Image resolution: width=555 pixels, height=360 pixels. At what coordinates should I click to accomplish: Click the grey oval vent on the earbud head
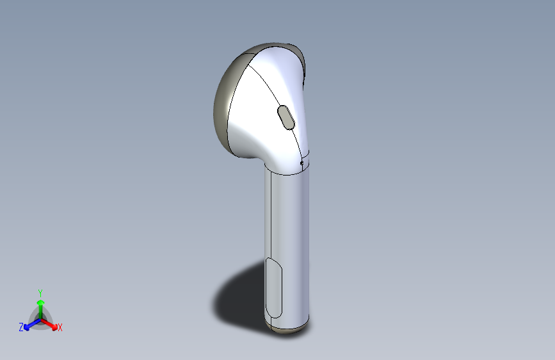(286, 117)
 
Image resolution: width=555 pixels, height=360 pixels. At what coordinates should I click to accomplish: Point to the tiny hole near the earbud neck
(302, 163)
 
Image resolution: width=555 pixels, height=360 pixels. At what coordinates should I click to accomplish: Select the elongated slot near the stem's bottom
(273, 288)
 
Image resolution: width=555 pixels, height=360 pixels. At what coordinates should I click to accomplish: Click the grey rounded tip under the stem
(287, 329)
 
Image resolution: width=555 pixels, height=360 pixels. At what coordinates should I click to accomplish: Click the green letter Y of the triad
(40, 291)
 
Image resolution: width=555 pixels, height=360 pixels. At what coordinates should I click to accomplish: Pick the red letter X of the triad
(60, 328)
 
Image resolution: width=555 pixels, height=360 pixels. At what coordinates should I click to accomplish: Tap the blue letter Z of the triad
(21, 327)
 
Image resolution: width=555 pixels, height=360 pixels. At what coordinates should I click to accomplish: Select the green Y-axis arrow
(40, 309)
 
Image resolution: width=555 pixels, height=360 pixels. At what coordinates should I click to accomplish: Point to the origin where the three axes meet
(40, 318)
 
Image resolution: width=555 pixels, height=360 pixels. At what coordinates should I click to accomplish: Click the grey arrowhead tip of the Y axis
(40, 302)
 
